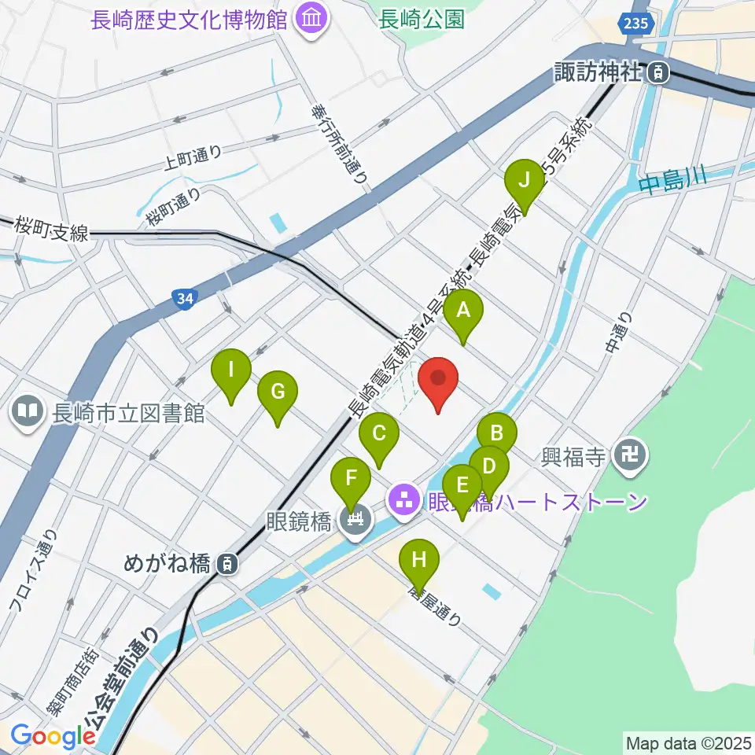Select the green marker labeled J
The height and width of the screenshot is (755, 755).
(x=526, y=182)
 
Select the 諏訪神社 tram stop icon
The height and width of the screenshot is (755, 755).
(x=657, y=74)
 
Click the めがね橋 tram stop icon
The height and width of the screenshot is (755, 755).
(x=226, y=563)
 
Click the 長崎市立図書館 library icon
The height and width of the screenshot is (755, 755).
(x=28, y=411)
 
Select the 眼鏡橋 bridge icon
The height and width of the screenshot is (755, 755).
(x=356, y=519)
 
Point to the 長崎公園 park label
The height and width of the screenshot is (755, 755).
(x=421, y=19)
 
